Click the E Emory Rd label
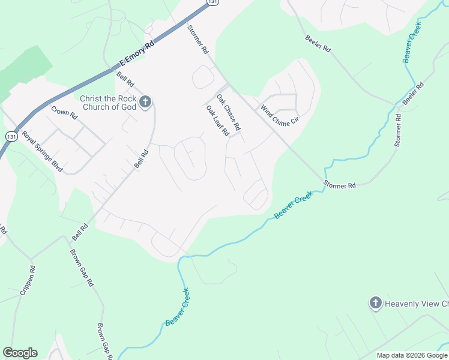pos(137,53)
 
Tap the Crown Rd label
pos(65,112)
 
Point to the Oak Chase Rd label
pos(228,112)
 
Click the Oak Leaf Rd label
pos(218,121)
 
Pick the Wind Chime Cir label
pos(279,115)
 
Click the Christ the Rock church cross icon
pos(145,103)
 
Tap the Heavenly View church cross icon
pos(376,303)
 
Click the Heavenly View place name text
pos(416,304)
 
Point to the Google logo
pos(20,353)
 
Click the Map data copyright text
pos(412,355)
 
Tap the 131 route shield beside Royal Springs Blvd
pos(11,137)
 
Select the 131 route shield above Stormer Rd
pos(212,2)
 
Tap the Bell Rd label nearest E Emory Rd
pos(125,78)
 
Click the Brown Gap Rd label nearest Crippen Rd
pos(82,267)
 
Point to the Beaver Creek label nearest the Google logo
pos(178,307)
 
